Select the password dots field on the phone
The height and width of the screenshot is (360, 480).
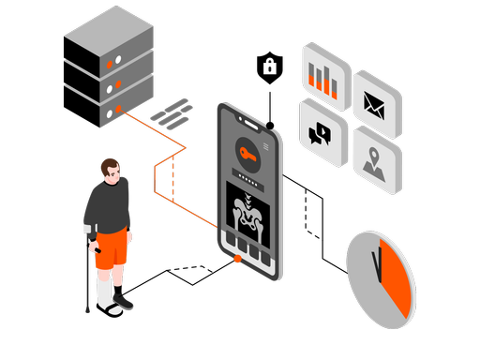249,177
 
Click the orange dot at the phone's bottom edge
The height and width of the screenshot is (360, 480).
240,258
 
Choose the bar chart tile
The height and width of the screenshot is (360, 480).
325,79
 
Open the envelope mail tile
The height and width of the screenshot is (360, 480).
376,103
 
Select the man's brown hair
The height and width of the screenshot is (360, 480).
111,166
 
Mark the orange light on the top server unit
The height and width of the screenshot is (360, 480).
110,64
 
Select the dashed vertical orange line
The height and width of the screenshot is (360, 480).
173,178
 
